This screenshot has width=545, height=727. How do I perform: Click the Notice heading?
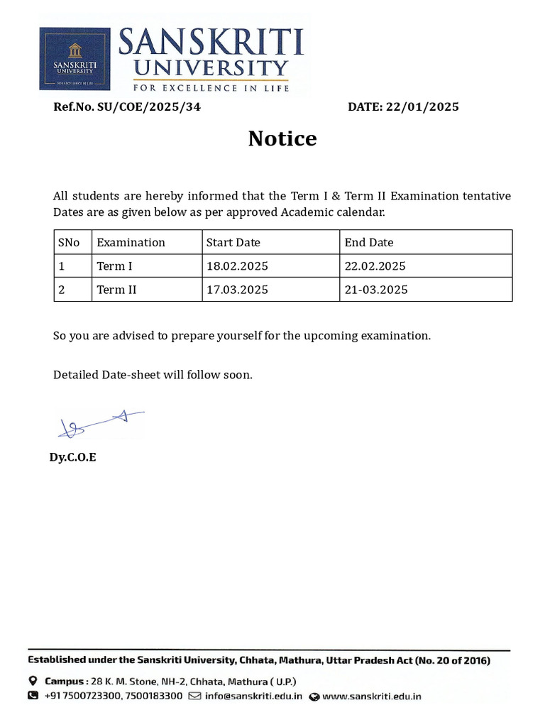pyautogui.click(x=282, y=138)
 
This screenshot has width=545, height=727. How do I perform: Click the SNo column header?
pyautogui.click(x=69, y=242)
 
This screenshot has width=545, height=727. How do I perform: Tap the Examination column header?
pyautogui.click(x=131, y=242)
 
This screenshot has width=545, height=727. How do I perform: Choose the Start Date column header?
pyautogui.click(x=233, y=242)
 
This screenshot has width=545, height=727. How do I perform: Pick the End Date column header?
pyautogui.click(x=368, y=242)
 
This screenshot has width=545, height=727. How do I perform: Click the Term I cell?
pyautogui.click(x=114, y=266)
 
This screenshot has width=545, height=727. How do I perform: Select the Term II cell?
pyautogui.click(x=116, y=290)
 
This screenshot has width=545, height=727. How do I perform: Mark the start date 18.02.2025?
pyautogui.click(x=237, y=266)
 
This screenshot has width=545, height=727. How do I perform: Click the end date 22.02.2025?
pyautogui.click(x=375, y=266)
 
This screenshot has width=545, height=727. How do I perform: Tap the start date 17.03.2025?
pyautogui.click(x=237, y=290)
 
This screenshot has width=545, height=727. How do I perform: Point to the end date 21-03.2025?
pyautogui.click(x=376, y=290)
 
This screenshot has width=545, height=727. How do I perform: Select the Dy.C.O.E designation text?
pyautogui.click(x=72, y=457)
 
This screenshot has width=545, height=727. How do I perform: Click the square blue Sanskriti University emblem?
pyautogui.click(x=75, y=59)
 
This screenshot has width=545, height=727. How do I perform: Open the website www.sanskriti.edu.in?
pyautogui.click(x=371, y=696)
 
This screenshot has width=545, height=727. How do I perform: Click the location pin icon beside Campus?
pyautogui.click(x=33, y=681)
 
